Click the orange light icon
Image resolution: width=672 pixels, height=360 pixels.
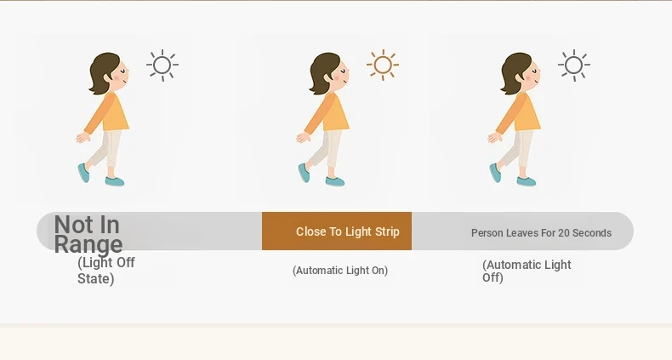click(383, 66)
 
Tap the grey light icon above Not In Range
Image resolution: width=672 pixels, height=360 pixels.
click(162, 66)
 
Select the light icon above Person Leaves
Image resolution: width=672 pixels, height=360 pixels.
click(574, 66)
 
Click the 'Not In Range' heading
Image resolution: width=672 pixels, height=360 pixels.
click(88, 234)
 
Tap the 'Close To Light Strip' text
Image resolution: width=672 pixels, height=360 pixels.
click(348, 231)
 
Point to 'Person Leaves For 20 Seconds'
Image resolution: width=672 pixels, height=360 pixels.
click(541, 232)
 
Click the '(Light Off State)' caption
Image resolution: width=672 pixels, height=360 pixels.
click(106, 271)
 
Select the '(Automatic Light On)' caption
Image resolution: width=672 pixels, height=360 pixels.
click(340, 271)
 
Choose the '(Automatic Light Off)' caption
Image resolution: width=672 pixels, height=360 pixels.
click(527, 271)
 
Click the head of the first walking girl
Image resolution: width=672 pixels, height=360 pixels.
click(109, 73)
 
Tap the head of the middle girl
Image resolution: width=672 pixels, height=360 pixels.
click(329, 73)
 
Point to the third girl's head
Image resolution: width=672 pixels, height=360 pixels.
click(521, 73)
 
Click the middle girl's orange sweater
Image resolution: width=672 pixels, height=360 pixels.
click(327, 112)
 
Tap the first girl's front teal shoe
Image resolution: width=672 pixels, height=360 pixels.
click(115, 181)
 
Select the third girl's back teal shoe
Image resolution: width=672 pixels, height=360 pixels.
click(495, 173)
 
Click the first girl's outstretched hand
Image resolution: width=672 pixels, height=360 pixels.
click(83, 138)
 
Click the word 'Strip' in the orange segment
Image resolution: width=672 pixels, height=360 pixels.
click(387, 231)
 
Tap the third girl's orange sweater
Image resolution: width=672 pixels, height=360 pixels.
click(519, 112)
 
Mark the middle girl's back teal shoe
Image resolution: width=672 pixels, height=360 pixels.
click(304, 173)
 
